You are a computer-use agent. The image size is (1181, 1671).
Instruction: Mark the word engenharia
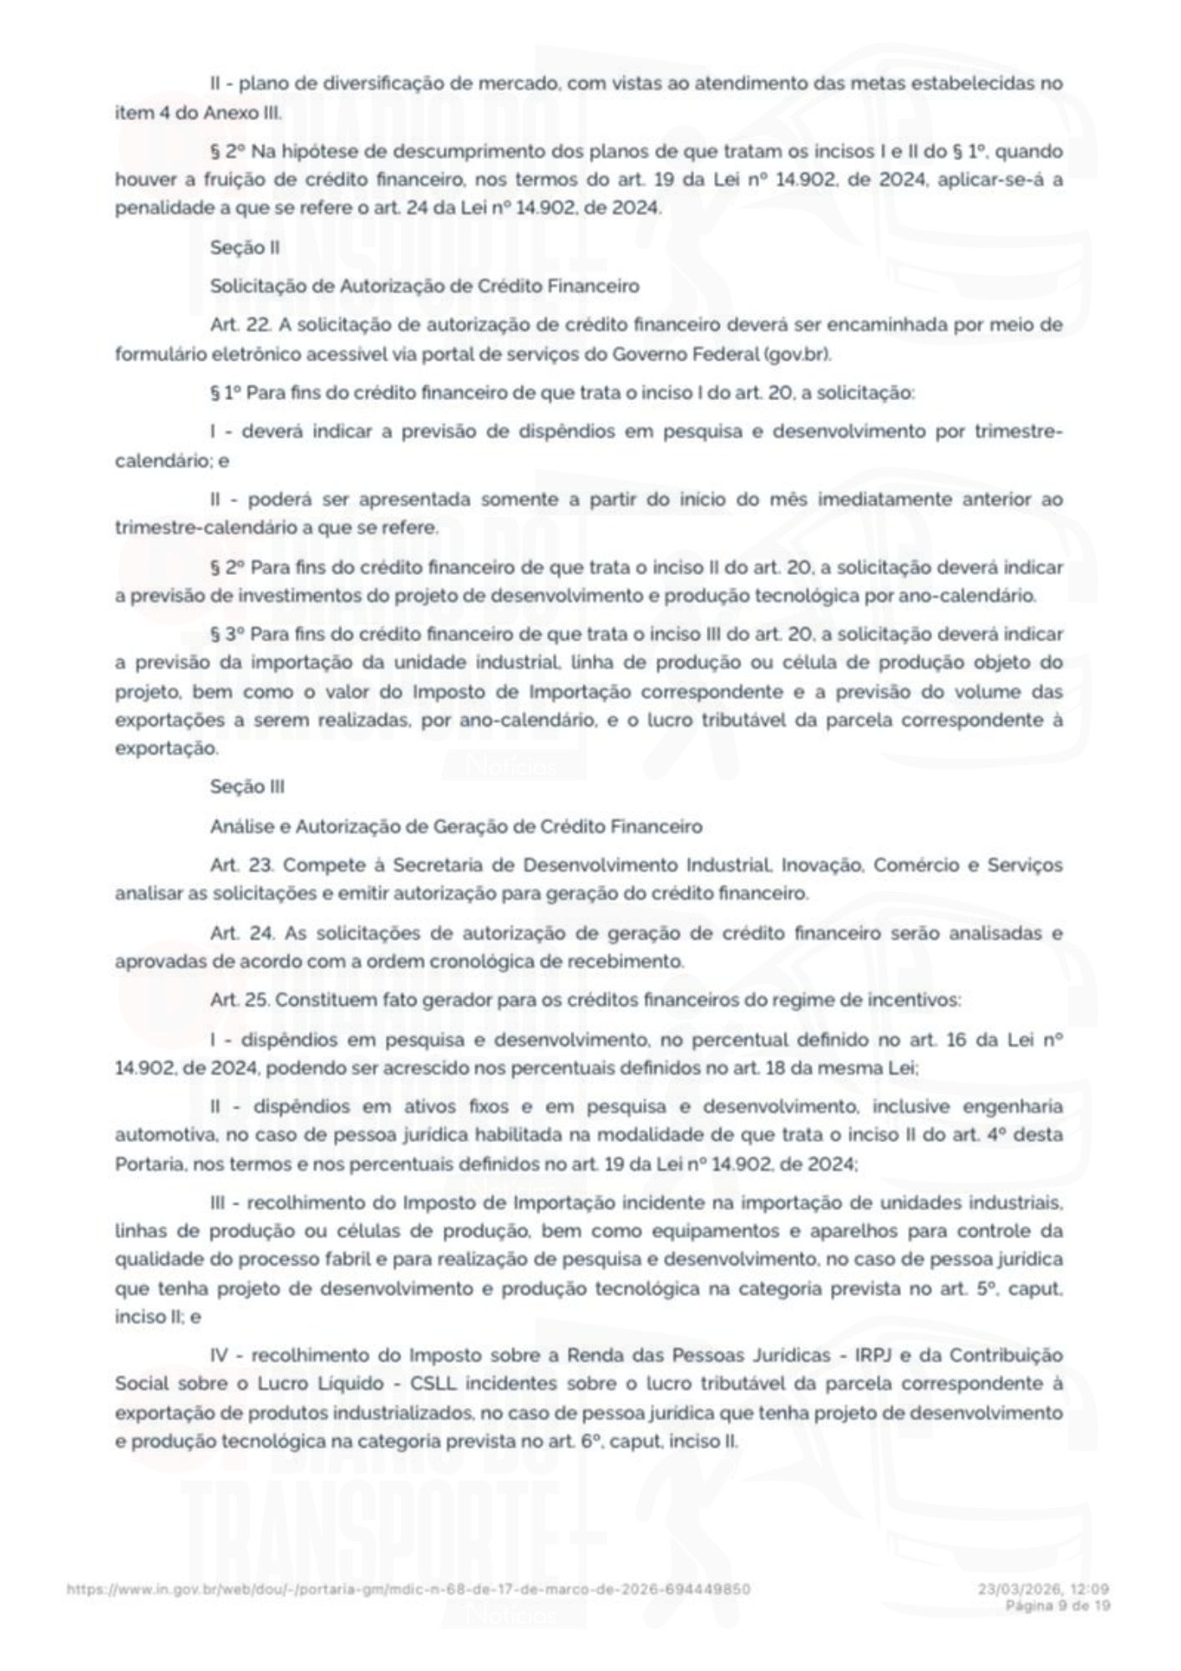click(1013, 1107)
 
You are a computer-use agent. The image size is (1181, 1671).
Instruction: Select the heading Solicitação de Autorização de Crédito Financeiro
click(424, 286)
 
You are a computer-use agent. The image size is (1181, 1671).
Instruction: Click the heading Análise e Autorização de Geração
click(456, 826)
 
